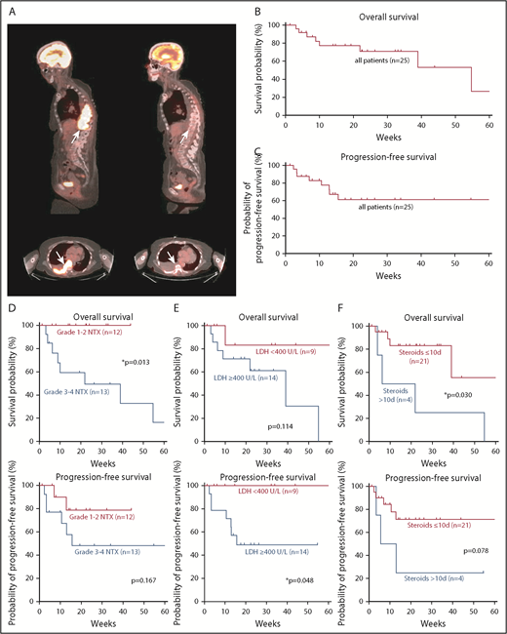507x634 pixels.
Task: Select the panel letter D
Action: tap(8, 316)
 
